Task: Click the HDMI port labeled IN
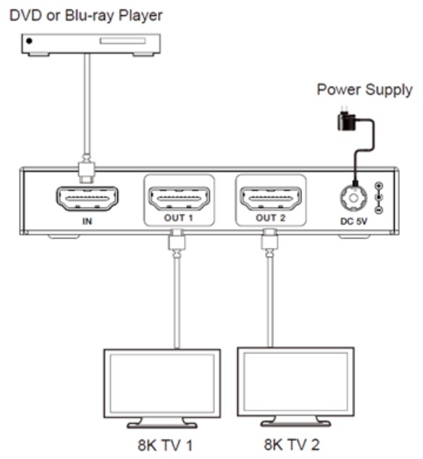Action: pyautogui.click(x=87, y=199)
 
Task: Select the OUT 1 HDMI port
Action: pyautogui.click(x=179, y=199)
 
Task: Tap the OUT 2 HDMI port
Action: pyautogui.click(x=270, y=199)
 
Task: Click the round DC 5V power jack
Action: pyautogui.click(x=353, y=198)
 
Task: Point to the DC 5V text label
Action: pyautogui.click(x=353, y=221)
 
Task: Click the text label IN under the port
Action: pyautogui.click(x=87, y=221)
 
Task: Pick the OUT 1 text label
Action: pyautogui.click(x=178, y=218)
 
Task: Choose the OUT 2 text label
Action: pyautogui.click(x=270, y=218)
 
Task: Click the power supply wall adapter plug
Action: pyautogui.click(x=346, y=119)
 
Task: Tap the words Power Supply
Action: pyautogui.click(x=364, y=90)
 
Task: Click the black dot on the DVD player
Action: pyautogui.click(x=29, y=41)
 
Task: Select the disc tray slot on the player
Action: pyautogui.click(x=122, y=40)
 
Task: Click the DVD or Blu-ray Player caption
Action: pyautogui.click(x=86, y=15)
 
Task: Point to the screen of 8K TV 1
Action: pyautogui.click(x=162, y=384)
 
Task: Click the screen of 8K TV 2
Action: pyautogui.click(x=296, y=382)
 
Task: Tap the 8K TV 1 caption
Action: pyautogui.click(x=165, y=445)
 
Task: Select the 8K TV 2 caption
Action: pyautogui.click(x=292, y=445)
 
